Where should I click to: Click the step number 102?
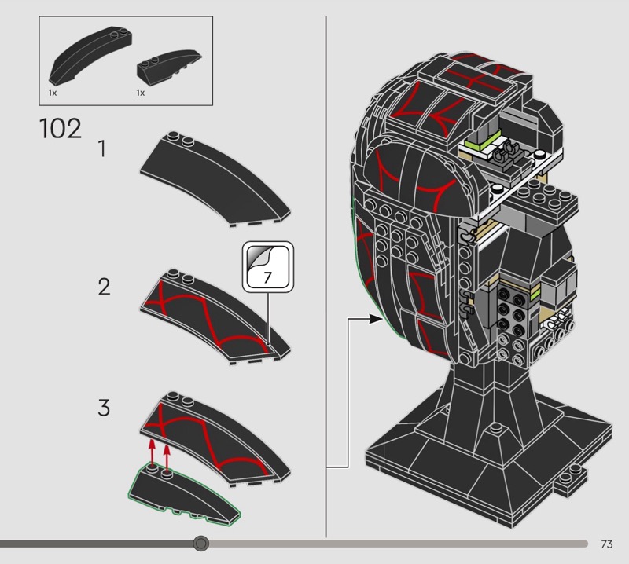(x=60, y=129)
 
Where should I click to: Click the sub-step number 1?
(x=102, y=148)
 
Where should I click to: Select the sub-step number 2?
(x=104, y=287)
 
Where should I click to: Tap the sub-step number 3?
(x=104, y=408)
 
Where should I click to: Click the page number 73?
(x=606, y=544)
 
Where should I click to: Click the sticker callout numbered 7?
(x=267, y=277)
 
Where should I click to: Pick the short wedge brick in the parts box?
(x=167, y=69)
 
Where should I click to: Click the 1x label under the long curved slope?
(x=52, y=93)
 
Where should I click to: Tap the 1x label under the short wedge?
(x=141, y=93)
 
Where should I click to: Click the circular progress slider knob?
(x=201, y=544)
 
